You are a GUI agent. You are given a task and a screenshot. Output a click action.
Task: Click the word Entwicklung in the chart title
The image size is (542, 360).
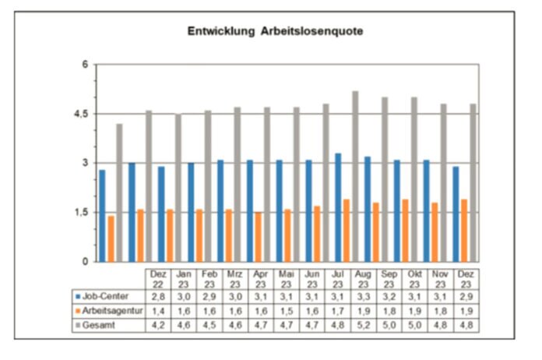point(221,32)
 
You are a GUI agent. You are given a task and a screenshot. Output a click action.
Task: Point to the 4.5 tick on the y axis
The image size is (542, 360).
point(82,114)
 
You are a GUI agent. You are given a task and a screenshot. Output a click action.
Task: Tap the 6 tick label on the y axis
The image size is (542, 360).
point(86,65)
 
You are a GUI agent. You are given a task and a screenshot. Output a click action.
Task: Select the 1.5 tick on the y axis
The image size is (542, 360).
point(82,213)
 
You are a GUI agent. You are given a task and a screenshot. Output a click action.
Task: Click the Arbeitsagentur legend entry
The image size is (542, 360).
point(110,311)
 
